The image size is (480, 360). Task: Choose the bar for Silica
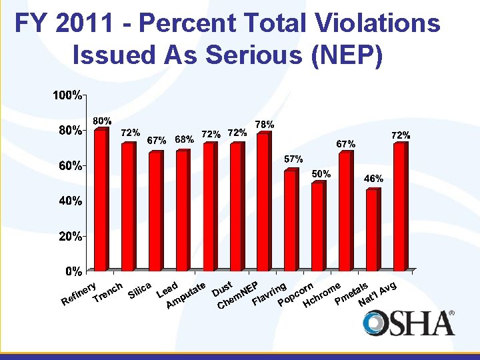[155, 211]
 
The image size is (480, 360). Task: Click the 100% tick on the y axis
[67, 95]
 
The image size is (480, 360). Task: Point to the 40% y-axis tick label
[67, 201]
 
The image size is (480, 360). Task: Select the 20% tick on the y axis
[67, 236]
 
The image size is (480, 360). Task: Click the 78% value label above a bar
[265, 125]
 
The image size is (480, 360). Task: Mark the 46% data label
[373, 179]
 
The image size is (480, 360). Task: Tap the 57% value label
[294, 159]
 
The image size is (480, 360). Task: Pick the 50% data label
[321, 173]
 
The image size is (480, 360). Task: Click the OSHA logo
[409, 323]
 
